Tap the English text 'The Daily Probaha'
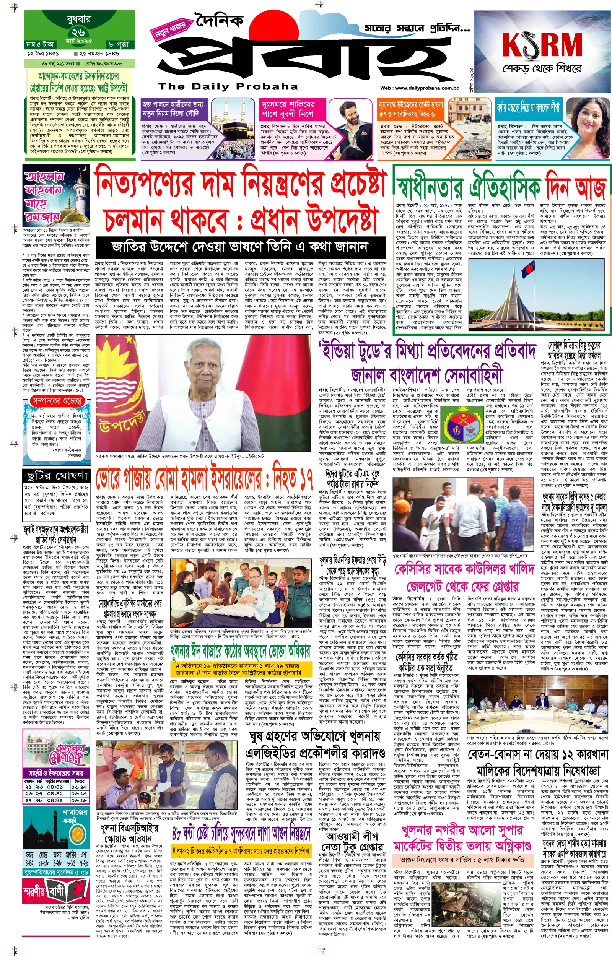coord(228,86)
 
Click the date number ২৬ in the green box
coord(79,32)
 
